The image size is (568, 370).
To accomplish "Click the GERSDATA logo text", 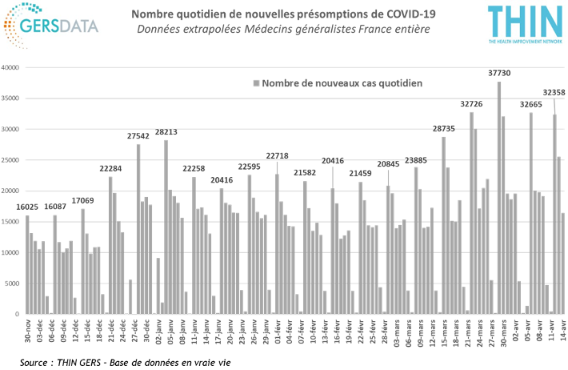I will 66,25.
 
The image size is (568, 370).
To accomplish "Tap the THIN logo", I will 524,22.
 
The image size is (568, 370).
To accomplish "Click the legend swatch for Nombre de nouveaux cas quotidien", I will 257,82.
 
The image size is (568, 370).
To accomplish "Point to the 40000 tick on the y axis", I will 13,68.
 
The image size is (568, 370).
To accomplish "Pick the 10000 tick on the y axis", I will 13,253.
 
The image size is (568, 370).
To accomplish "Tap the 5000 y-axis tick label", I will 14,284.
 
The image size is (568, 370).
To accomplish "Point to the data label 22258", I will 194,168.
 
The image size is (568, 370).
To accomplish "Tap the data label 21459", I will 361,173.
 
